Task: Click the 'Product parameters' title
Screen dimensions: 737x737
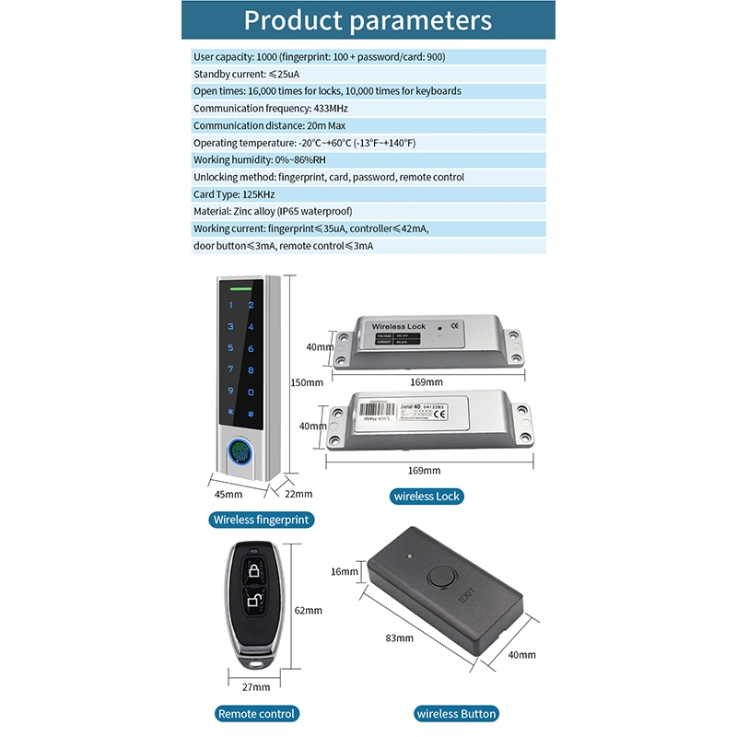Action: pos(368,21)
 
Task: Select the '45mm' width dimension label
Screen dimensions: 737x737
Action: pos(228,495)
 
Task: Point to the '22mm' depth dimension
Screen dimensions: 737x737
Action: pos(298,495)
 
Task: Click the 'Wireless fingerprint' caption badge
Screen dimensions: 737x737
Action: pos(262,520)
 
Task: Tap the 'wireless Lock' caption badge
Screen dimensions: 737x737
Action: pos(427,497)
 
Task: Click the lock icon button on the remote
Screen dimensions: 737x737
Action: pos(254,570)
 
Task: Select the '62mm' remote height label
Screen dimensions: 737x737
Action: pos(308,610)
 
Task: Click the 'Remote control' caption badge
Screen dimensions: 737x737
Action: pos(256,714)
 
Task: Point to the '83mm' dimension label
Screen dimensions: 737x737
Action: pos(398,638)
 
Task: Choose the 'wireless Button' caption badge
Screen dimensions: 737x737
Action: pos(456,714)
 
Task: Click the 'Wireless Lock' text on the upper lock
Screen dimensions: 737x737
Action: pos(397,327)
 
